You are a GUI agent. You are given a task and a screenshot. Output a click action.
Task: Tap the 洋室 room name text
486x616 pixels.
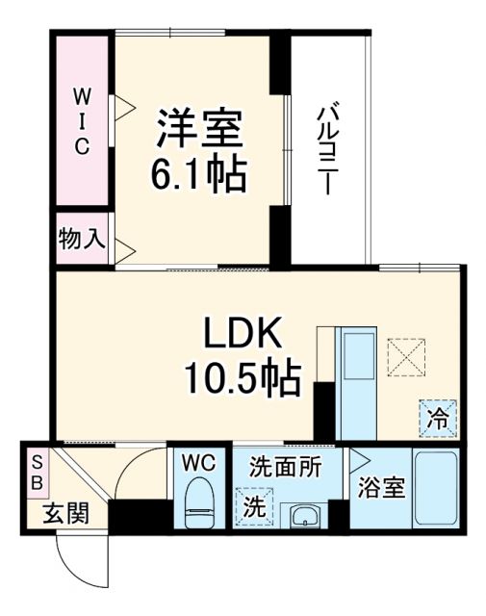click(x=200, y=128)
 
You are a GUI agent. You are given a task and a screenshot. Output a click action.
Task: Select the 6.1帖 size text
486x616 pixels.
click(x=199, y=174)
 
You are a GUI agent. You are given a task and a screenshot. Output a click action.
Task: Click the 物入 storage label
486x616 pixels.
click(x=81, y=238)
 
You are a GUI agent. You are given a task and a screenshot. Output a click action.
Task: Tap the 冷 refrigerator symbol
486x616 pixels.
click(x=438, y=420)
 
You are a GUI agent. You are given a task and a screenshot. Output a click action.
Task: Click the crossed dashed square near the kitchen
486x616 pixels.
click(x=406, y=359)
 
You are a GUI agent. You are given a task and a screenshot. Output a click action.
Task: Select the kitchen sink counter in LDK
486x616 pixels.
click(x=359, y=375)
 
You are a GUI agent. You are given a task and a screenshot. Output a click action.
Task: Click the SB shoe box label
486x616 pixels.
click(x=37, y=473)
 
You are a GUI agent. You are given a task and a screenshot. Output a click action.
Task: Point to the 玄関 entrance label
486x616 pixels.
click(x=64, y=513)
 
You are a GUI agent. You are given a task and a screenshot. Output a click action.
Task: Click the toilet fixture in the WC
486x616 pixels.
click(x=200, y=504)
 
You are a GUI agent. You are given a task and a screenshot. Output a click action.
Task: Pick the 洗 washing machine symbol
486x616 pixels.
click(x=253, y=503)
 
